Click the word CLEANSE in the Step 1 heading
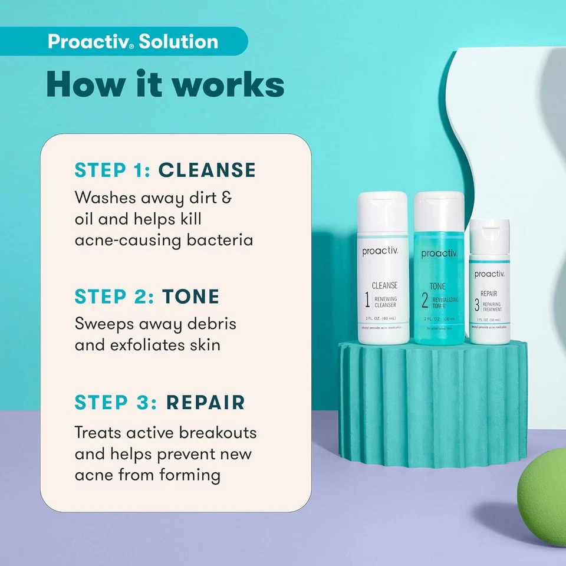(207, 170)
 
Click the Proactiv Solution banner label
(133, 42)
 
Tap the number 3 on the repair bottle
(478, 305)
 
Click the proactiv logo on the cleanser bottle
(380, 252)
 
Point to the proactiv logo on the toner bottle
(439, 254)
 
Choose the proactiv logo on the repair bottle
(489, 274)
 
